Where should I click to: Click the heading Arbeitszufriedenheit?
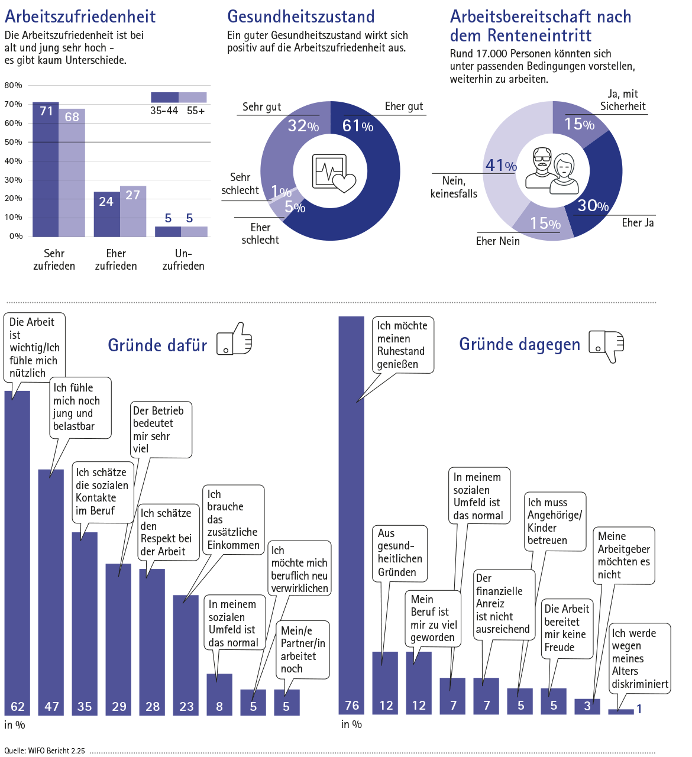80,17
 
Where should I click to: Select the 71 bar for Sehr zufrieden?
46,172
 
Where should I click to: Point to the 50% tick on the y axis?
13,142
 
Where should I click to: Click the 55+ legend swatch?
193,98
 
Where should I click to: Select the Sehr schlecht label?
240,184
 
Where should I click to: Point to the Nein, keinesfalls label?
454,187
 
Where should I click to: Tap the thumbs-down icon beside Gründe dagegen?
606,345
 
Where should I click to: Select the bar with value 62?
17,550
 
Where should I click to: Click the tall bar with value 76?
351,515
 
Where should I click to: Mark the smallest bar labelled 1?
621,711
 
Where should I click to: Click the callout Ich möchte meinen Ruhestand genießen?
402,345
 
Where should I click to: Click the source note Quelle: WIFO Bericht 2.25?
45,751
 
